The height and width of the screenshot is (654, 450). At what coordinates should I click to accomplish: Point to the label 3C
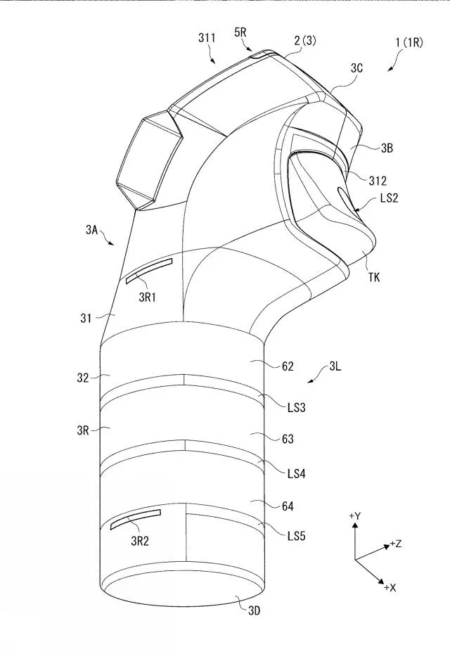(x=358, y=68)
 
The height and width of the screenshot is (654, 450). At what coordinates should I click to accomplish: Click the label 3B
(x=387, y=148)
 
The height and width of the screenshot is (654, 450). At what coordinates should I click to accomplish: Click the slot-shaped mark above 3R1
(x=149, y=270)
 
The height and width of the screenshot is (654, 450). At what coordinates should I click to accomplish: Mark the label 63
(x=288, y=440)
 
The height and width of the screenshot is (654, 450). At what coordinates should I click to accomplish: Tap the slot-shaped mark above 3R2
(x=136, y=519)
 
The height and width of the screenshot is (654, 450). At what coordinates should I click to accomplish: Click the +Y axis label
(x=355, y=516)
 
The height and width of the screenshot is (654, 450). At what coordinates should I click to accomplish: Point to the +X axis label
(x=391, y=588)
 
